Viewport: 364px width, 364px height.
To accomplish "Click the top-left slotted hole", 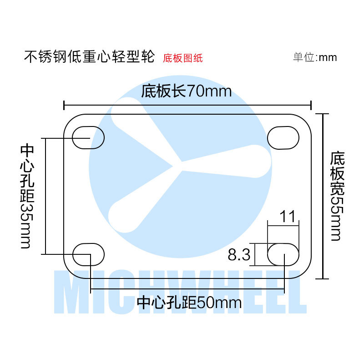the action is tap(88, 136).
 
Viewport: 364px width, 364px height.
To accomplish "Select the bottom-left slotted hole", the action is tap(88, 254).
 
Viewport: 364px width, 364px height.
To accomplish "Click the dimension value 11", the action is tap(288, 217).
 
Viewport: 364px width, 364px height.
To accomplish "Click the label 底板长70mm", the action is tap(186, 91).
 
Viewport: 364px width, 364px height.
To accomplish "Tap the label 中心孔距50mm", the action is tap(189, 303).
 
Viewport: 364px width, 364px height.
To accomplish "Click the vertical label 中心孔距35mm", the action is tap(26, 196).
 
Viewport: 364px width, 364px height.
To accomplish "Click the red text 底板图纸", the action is tap(182, 58).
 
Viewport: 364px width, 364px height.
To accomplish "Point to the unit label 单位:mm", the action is tap(314, 58).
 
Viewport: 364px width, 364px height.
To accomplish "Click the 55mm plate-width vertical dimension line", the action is tap(323, 196).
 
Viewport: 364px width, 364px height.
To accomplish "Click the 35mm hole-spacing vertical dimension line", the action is tap(46, 196).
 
